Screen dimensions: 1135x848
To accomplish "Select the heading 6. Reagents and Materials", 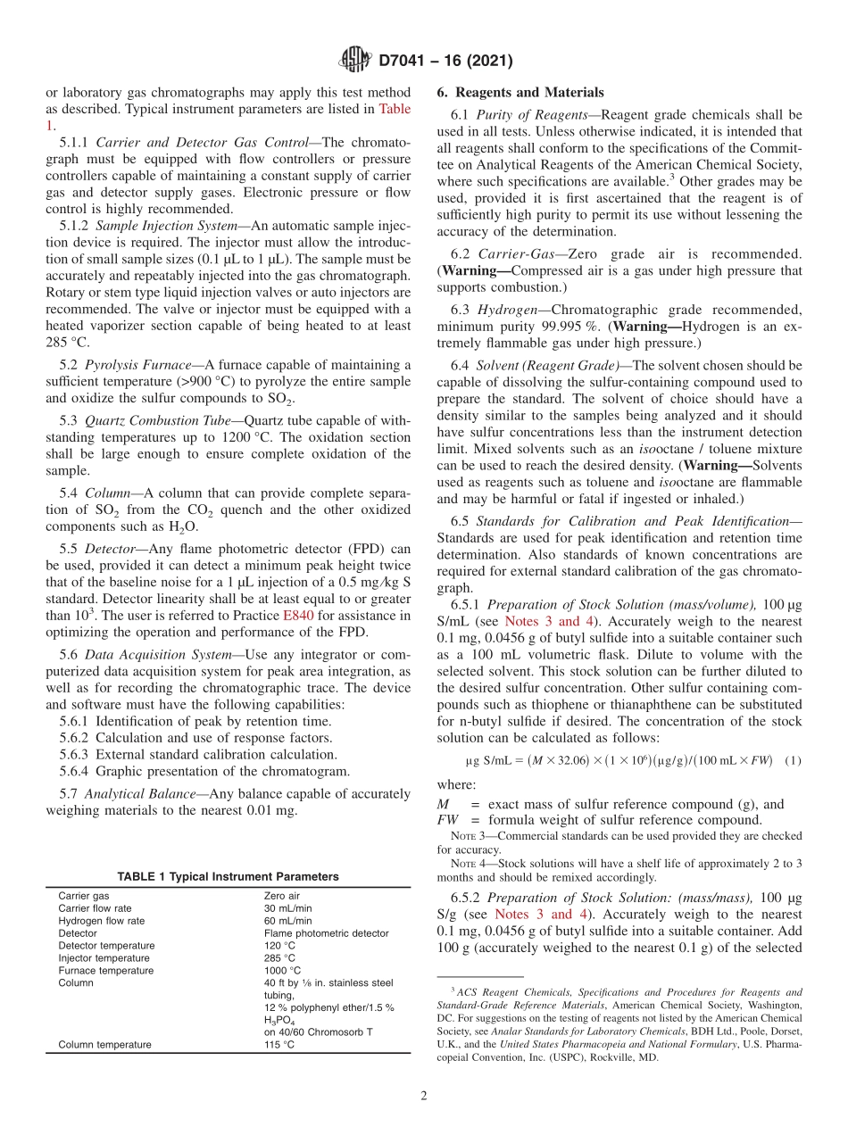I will [520, 93].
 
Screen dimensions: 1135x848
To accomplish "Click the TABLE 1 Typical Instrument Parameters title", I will [228, 876].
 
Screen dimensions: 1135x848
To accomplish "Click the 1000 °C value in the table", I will [283, 970].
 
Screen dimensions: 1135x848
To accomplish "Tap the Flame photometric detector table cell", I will [326, 933].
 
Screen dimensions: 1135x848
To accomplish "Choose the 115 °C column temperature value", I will [279, 1044].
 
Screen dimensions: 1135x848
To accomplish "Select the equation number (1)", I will [792, 760].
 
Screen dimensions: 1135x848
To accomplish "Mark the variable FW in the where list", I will [447, 820].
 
